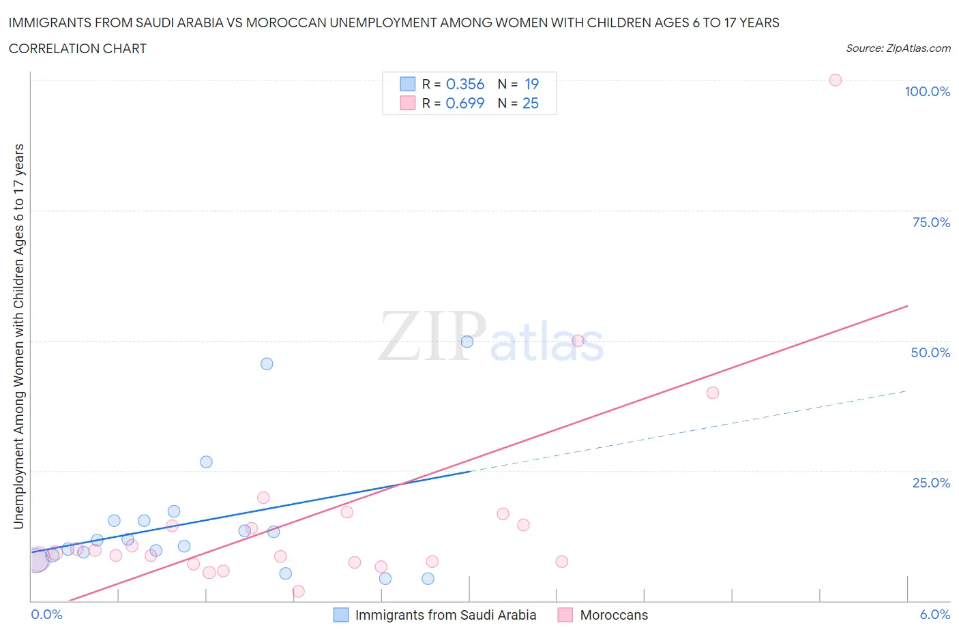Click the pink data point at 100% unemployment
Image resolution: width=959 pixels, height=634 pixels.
point(835,80)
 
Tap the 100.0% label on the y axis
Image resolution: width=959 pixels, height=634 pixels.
point(927,91)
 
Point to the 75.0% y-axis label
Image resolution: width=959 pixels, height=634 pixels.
point(931,222)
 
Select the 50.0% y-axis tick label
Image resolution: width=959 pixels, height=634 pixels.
point(930,352)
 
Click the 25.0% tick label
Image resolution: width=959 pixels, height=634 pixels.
point(931,483)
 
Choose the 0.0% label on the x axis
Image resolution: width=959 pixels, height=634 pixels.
point(46,614)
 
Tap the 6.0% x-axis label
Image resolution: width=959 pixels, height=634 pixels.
point(934,614)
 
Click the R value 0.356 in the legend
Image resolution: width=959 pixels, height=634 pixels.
point(465,84)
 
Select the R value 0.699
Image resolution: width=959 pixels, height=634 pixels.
point(465,103)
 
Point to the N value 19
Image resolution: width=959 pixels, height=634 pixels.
point(531,84)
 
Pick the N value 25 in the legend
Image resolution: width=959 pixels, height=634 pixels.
point(531,103)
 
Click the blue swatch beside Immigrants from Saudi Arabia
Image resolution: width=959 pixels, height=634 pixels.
point(341,615)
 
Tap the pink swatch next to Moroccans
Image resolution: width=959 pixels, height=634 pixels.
point(565,615)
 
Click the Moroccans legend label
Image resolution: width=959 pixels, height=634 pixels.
point(614,615)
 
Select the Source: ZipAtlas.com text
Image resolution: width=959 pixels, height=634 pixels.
point(898,48)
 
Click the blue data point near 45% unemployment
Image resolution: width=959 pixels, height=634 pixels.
point(267,363)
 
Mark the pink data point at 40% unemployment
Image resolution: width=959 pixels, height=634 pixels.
point(713,393)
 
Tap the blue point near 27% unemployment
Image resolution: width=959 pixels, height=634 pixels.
point(206,462)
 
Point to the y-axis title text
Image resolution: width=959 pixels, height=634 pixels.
point(18,336)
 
